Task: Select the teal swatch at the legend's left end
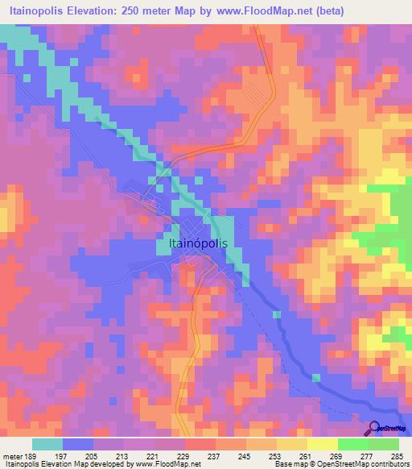point(47,443)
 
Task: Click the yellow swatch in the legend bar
point(322,443)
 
